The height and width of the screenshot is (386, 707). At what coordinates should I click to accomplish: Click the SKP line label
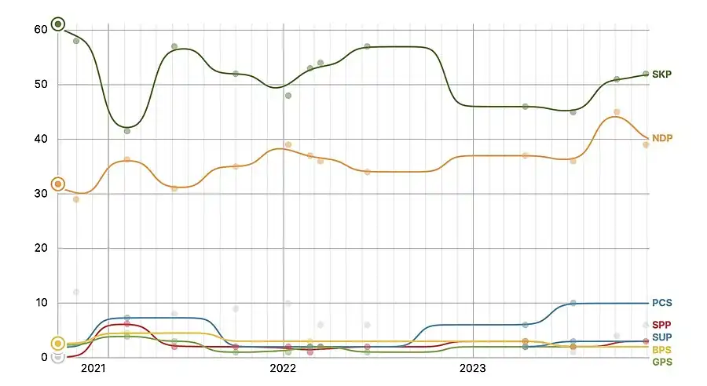[x=661, y=74]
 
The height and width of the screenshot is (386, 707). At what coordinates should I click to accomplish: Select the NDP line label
[x=661, y=138]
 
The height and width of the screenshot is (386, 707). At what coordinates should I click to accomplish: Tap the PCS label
[x=661, y=303]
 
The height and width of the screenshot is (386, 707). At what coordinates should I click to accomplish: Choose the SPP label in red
[x=661, y=325]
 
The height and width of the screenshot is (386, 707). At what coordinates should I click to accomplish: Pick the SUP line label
[x=661, y=337]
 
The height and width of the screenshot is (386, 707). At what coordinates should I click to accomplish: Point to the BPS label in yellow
[x=661, y=349]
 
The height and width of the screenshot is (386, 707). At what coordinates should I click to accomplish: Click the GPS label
[x=661, y=362]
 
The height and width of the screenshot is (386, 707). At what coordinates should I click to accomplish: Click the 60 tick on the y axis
[x=40, y=29]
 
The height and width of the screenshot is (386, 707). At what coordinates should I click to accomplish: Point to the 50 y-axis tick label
[x=40, y=84]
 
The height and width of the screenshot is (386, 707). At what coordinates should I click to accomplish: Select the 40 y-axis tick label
[x=40, y=139]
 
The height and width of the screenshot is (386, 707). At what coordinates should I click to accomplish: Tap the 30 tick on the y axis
[x=40, y=194]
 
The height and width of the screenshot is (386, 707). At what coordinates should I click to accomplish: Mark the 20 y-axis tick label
[x=40, y=248]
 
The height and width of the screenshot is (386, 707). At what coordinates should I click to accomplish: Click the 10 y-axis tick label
[x=40, y=303]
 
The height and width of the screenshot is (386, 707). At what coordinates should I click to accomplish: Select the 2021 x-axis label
[x=93, y=367]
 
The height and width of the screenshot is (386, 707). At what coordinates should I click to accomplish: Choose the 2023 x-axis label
[x=473, y=367]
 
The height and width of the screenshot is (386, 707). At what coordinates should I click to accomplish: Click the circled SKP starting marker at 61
[x=57, y=24]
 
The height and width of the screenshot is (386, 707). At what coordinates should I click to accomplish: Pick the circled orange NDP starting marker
[x=57, y=184]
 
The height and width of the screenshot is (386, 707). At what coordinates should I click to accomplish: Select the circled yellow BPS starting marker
[x=57, y=344]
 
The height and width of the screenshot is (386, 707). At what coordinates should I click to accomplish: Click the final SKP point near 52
[x=646, y=74]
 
